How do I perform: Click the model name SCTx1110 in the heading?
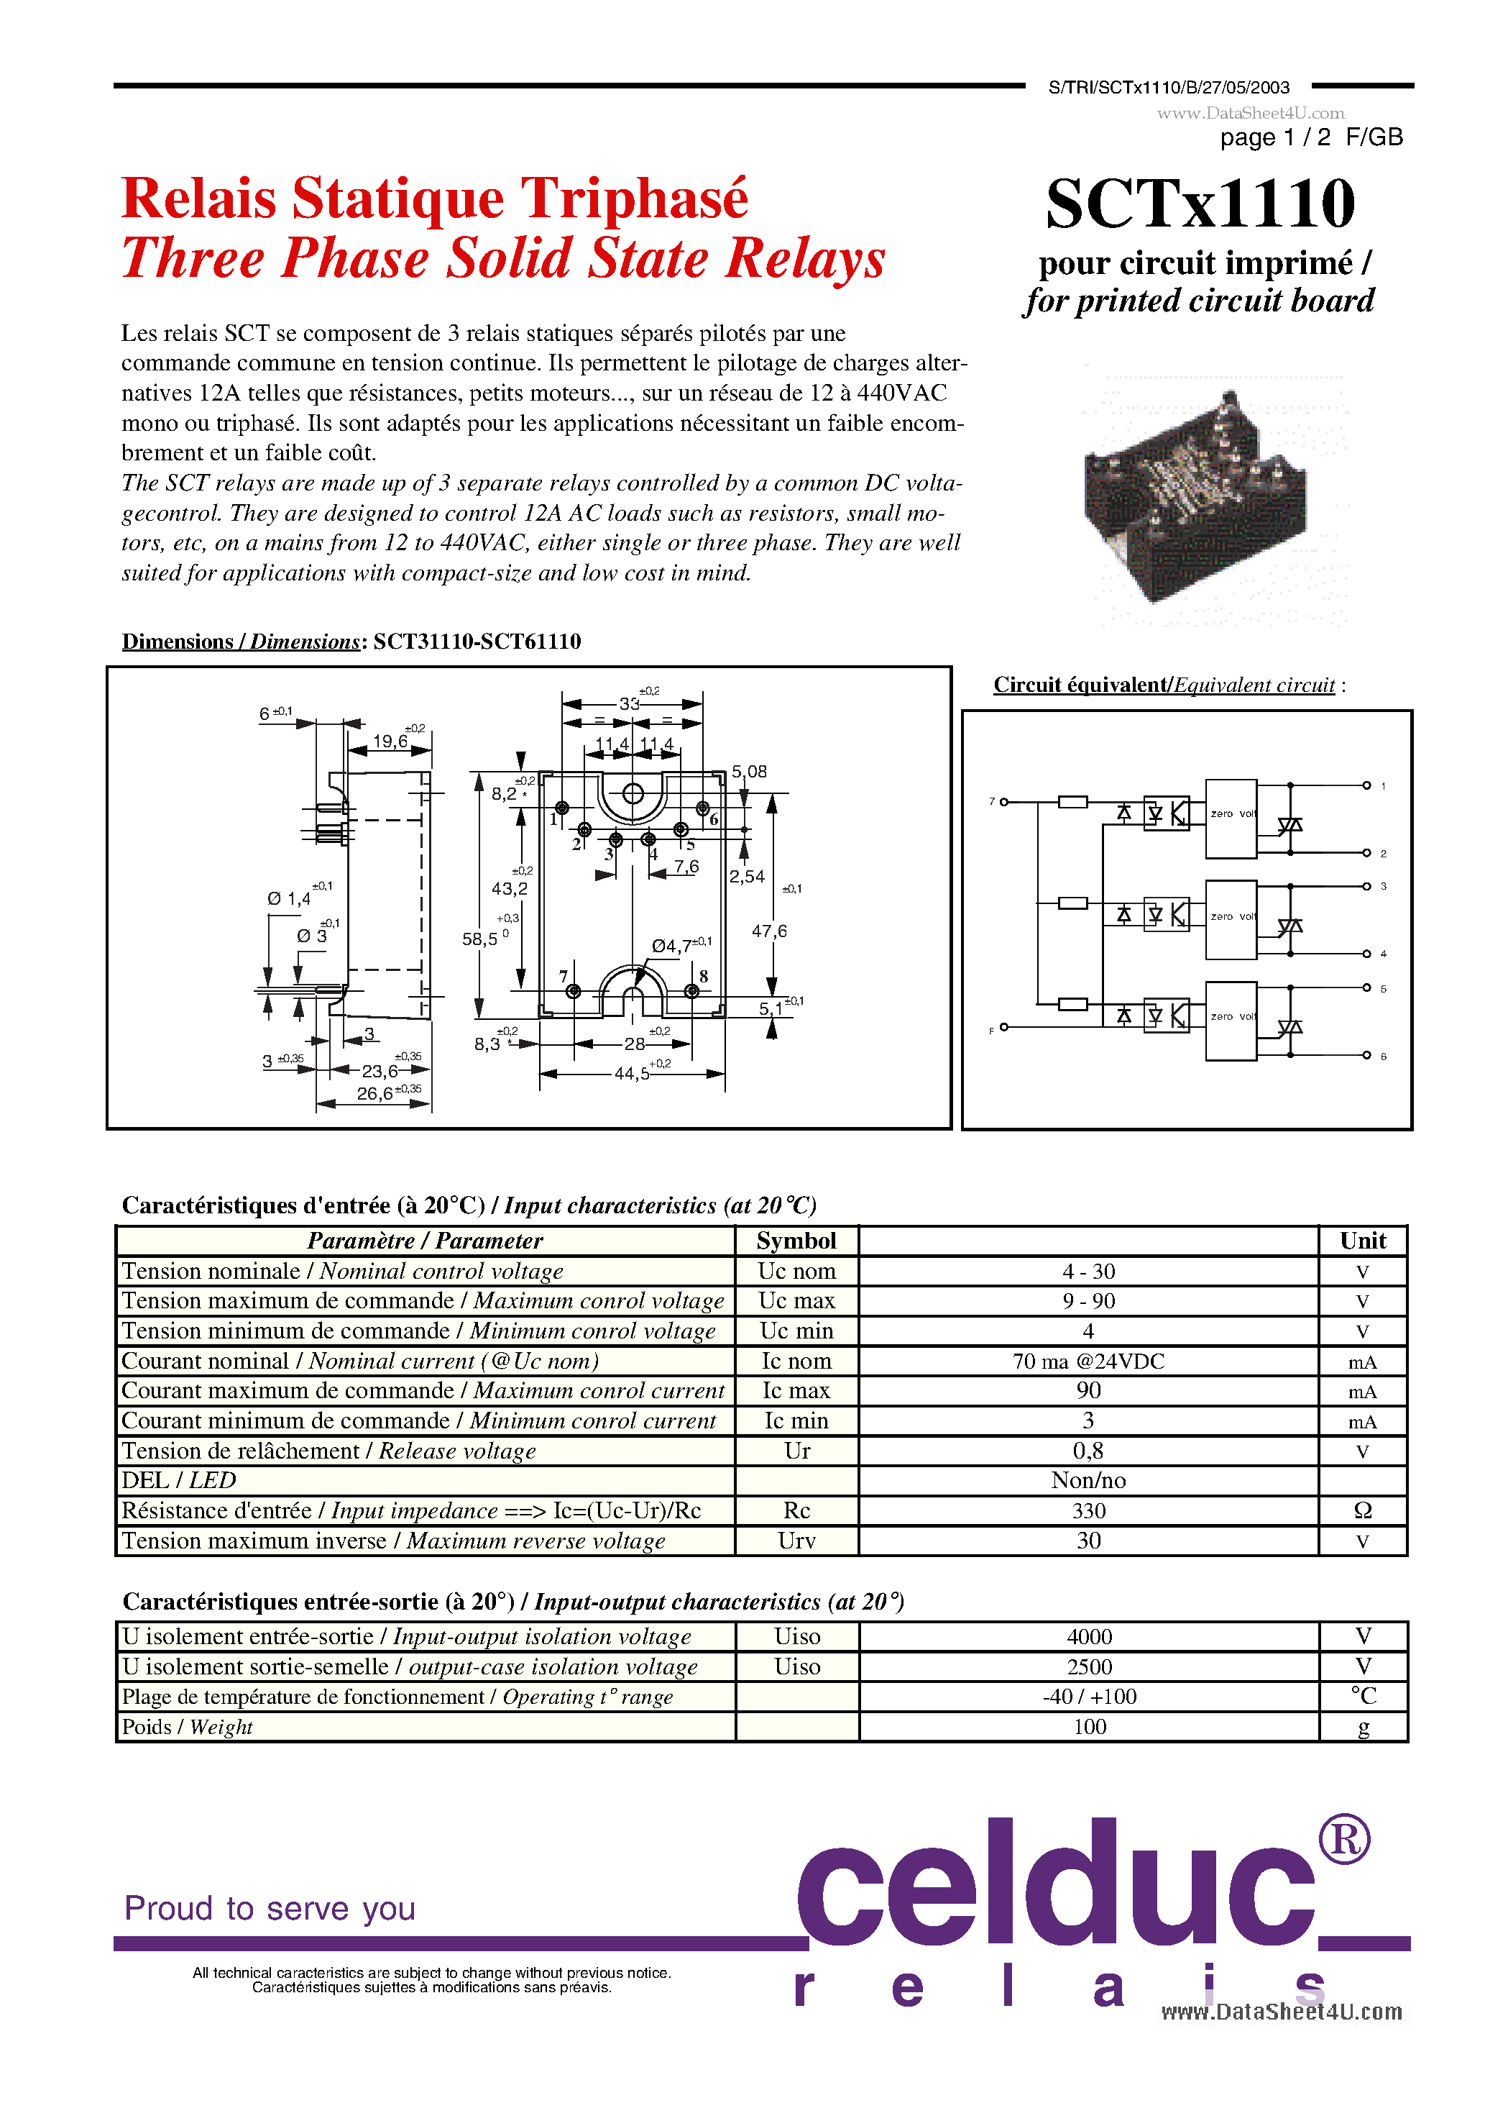coord(1200,204)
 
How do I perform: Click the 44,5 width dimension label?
coord(631,1072)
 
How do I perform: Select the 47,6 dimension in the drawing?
coord(769,931)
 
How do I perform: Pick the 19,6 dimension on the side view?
coord(390,741)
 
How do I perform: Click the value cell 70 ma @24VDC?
coord(1088,1361)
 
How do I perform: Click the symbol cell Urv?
coord(796,1541)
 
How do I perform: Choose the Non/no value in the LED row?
coord(1088,1480)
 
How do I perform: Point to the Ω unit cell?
coord(1362,1510)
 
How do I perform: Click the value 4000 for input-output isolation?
coord(1088,1637)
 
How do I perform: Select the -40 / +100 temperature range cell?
coord(1088,1697)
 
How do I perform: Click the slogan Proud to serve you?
coord(270,1908)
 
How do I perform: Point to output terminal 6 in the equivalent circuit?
coord(1367,1056)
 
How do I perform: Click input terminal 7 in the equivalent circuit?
coord(1003,803)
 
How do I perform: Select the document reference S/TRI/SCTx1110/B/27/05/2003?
coord(1168,88)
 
